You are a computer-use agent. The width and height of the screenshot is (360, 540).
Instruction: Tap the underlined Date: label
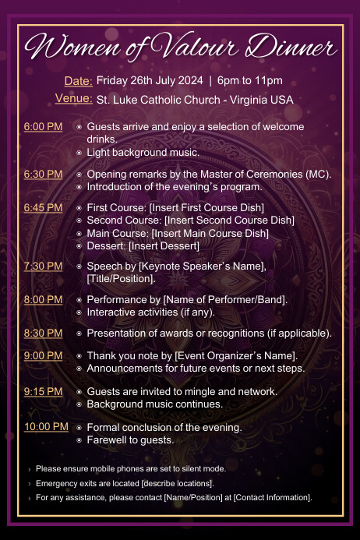pyautogui.click(x=78, y=81)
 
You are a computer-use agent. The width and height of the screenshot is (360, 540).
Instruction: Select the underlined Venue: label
pyautogui.click(x=74, y=99)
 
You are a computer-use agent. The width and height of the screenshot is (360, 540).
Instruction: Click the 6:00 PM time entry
pyautogui.click(x=44, y=126)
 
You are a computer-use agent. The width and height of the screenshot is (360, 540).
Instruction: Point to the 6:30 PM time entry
pyautogui.click(x=44, y=174)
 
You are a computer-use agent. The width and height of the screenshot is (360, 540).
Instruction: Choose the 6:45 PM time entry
pyautogui.click(x=44, y=208)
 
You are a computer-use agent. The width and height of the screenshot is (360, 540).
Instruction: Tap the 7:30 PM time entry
pyautogui.click(x=44, y=266)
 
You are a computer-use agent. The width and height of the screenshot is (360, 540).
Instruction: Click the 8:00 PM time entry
pyautogui.click(x=44, y=299)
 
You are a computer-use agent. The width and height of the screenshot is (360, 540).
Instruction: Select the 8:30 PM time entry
pyautogui.click(x=44, y=333)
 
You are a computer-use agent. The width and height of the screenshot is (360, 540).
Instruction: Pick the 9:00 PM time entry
pyautogui.click(x=44, y=356)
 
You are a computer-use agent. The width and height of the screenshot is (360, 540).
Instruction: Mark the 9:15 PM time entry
pyautogui.click(x=44, y=391)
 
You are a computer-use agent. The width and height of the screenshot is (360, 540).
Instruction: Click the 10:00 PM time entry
pyautogui.click(x=46, y=427)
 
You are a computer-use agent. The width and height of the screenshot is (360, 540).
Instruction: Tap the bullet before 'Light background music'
pyautogui.click(x=79, y=152)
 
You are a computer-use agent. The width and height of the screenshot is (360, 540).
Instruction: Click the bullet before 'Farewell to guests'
pyautogui.click(x=79, y=440)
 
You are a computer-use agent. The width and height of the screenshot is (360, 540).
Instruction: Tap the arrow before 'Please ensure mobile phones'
pyautogui.click(x=30, y=469)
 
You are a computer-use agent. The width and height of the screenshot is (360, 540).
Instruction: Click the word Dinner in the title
pyautogui.click(x=295, y=48)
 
